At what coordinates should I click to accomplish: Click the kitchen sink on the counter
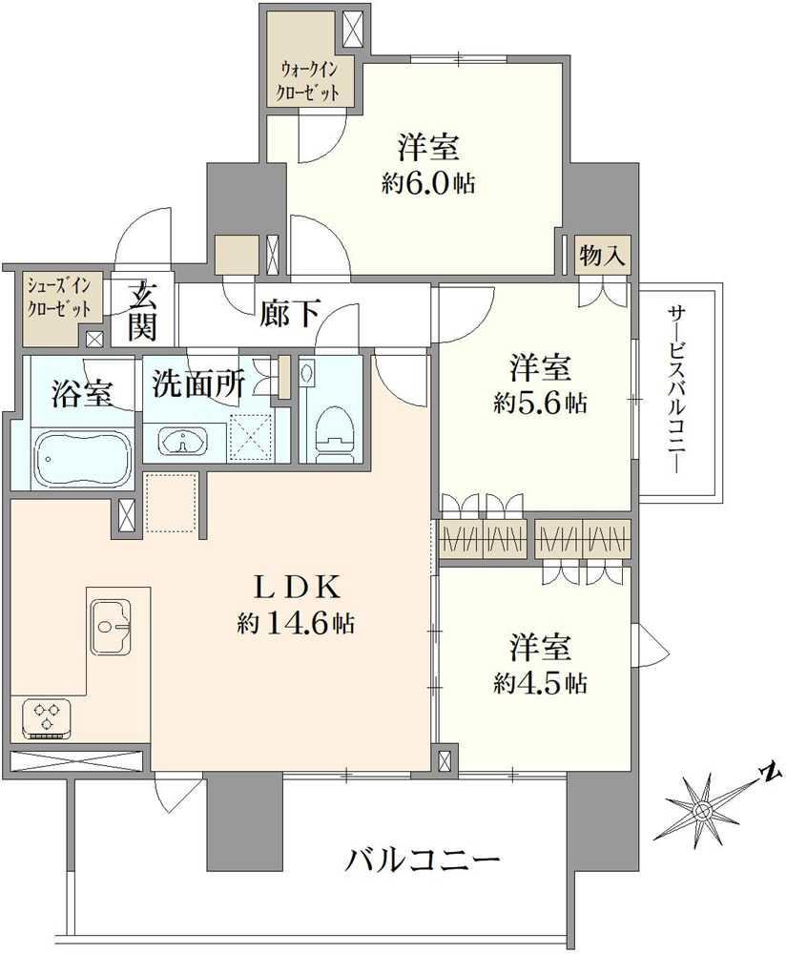pyautogui.click(x=112, y=627)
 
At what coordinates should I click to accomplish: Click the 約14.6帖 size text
pyautogui.click(x=296, y=623)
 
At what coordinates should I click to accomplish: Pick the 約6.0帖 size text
pyautogui.click(x=428, y=182)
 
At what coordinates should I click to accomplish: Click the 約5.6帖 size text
pyautogui.click(x=540, y=403)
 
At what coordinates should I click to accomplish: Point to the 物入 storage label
pyautogui.click(x=602, y=256)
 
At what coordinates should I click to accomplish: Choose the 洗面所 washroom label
pyautogui.click(x=197, y=384)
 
